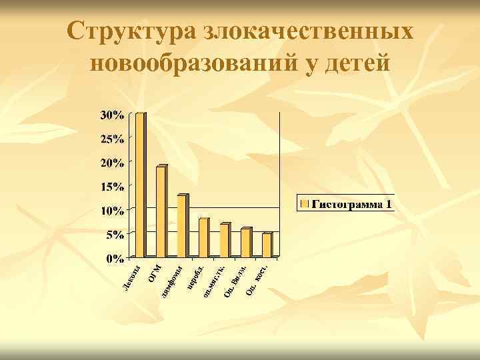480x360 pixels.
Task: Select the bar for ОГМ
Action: coord(161,211)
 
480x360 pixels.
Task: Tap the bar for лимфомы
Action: coord(182,226)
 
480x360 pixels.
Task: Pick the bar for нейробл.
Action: coord(203,237)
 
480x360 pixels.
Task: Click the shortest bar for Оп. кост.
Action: coord(267,245)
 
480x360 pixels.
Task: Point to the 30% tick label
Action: coord(112,115)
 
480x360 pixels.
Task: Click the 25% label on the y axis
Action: coord(112,139)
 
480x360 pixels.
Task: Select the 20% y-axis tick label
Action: coord(112,163)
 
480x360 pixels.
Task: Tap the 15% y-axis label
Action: coord(112,187)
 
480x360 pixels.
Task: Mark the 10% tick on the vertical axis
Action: coord(112,211)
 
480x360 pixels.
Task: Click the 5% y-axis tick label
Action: coord(115,235)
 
